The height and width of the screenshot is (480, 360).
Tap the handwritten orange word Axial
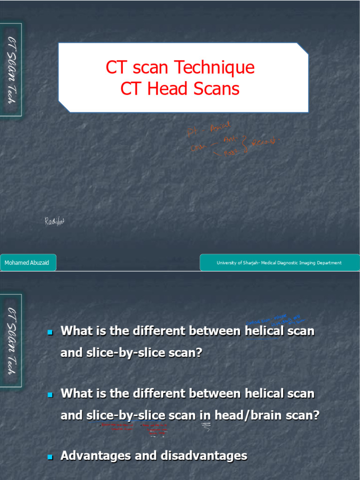(219, 127)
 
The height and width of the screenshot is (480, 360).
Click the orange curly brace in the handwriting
(245, 143)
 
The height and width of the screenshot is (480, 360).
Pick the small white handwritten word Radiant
(54, 221)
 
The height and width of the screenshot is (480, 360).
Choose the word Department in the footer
(329, 263)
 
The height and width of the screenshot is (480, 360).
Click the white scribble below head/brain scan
(206, 427)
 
